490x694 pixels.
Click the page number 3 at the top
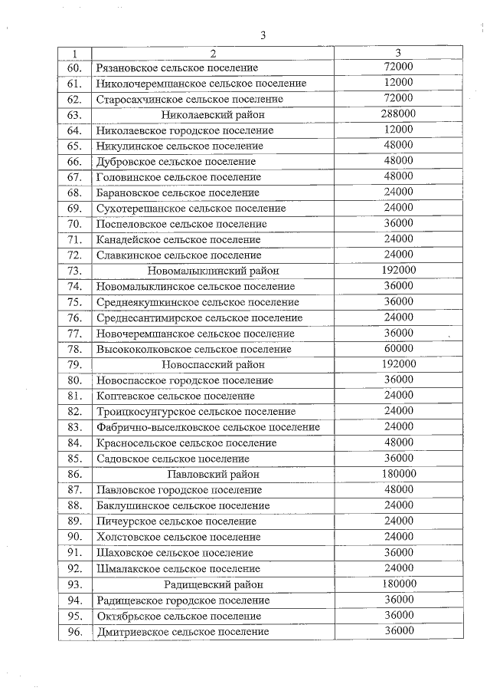[263, 35]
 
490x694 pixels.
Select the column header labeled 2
[213, 53]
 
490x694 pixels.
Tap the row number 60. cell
[74, 67]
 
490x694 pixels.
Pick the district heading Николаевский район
[213, 115]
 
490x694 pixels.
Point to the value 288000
[398, 114]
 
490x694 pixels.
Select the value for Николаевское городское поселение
[398, 130]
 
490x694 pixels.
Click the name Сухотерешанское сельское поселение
[191, 209]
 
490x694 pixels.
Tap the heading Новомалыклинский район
[213, 271]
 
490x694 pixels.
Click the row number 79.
[74, 364]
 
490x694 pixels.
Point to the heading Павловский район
[213, 474]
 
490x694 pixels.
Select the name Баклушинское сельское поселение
[183, 505]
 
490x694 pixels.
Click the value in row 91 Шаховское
[398, 552]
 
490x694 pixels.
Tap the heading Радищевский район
[213, 584]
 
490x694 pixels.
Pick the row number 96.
[74, 631]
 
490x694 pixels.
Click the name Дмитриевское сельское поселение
[182, 631]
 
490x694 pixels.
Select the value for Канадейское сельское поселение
[398, 239]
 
